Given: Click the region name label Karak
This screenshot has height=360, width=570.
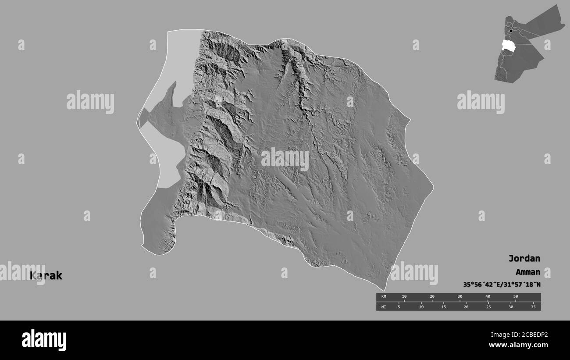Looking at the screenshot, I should (x=46, y=276).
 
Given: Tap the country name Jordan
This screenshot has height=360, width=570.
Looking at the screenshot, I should (x=524, y=258).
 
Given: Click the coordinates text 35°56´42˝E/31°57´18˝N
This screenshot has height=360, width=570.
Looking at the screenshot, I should (x=502, y=285).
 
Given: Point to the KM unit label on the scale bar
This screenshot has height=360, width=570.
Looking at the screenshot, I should (x=384, y=297).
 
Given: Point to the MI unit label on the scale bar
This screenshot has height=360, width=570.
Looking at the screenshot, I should (x=384, y=307).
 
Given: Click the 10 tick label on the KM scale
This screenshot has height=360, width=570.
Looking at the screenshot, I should (x=404, y=297).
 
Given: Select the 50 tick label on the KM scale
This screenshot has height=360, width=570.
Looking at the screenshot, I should (x=516, y=297).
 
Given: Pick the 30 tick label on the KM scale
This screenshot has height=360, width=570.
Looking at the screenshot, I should (x=460, y=297).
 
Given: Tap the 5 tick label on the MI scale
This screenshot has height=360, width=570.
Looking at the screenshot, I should (x=399, y=307).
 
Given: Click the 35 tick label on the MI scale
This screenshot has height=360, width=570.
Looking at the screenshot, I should (x=533, y=307).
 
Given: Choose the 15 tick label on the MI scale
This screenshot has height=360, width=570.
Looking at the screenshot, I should (x=444, y=307).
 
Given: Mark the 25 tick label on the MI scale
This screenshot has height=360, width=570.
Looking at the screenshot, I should (x=488, y=307).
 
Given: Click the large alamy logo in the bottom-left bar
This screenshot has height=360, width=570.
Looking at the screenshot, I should (x=44, y=340).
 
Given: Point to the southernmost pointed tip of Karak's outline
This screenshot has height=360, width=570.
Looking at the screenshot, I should (x=385, y=290).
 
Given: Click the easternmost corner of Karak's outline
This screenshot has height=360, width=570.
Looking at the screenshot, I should (x=433, y=187).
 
